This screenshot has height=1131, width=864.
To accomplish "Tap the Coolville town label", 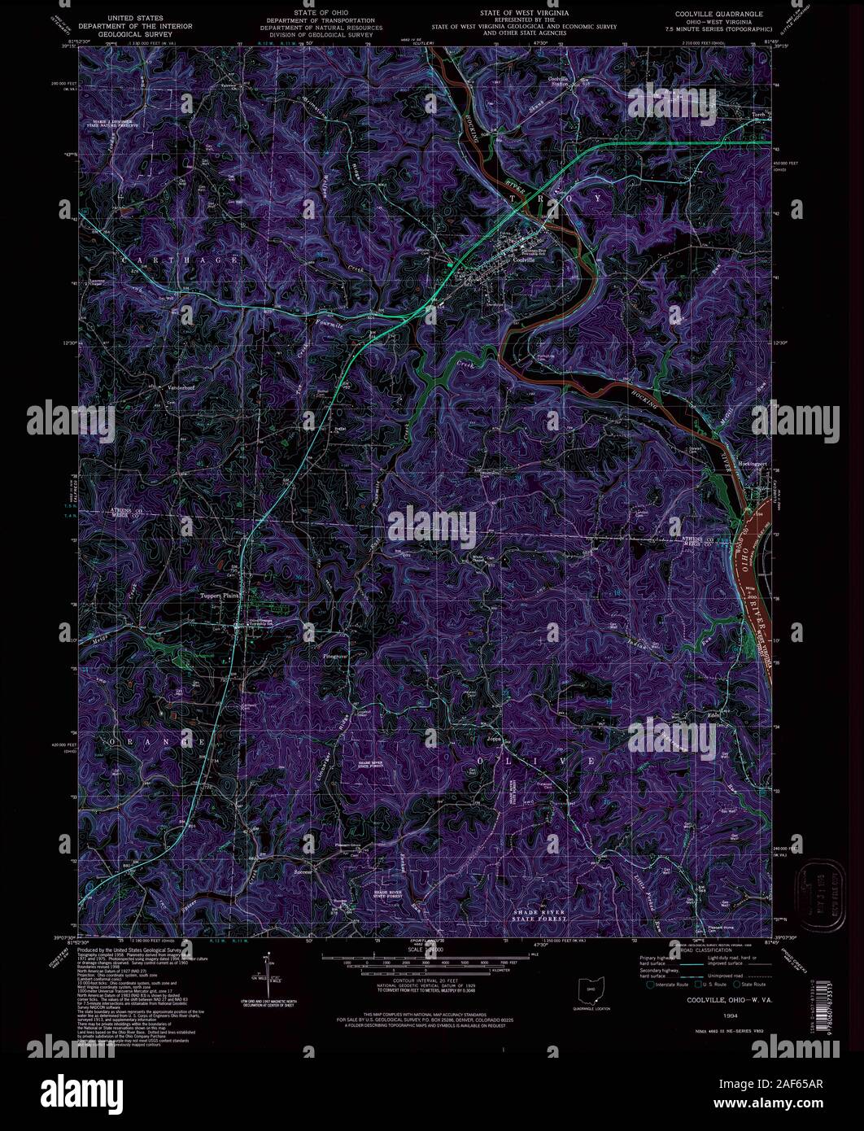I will tap(526, 259).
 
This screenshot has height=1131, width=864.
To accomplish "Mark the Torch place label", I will tap(760, 115).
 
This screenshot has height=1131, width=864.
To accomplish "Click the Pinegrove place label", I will tap(334, 654).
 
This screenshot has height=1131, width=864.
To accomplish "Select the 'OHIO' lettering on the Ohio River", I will tap(746, 556).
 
